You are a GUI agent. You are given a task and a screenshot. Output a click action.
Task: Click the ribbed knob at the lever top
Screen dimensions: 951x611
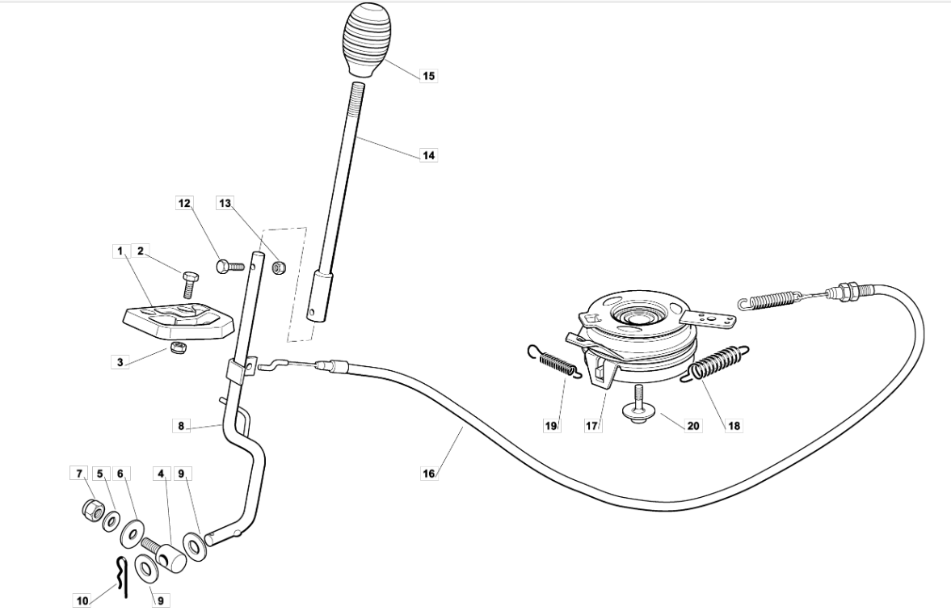[x=367, y=40]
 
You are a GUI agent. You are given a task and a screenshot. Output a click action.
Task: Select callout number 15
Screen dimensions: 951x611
[x=429, y=76]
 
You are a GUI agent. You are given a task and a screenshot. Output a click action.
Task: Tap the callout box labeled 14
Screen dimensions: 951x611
[x=429, y=155]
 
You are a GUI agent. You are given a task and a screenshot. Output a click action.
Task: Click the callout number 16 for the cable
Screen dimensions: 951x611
[x=429, y=474]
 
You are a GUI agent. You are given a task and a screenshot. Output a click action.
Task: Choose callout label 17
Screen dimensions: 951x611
[x=592, y=425]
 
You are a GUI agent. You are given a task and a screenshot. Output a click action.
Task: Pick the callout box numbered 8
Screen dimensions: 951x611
[x=181, y=425]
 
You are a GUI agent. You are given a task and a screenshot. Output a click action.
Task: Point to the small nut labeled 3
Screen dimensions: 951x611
[x=179, y=348]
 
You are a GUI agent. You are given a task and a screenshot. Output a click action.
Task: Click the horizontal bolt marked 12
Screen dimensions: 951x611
[x=229, y=266]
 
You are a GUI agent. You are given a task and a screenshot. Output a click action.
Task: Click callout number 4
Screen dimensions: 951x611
[x=162, y=473]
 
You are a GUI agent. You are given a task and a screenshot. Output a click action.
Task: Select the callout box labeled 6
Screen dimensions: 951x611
[x=120, y=473]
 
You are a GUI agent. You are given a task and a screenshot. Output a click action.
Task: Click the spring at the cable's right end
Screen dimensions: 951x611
[x=768, y=299]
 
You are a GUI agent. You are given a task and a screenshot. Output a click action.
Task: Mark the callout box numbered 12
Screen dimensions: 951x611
[x=183, y=203]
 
